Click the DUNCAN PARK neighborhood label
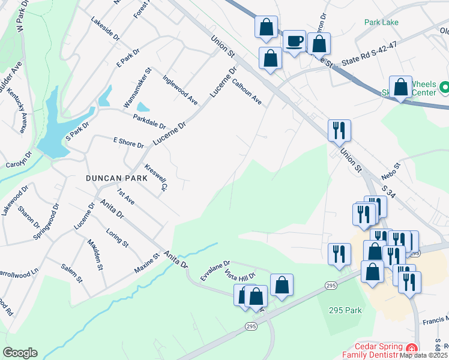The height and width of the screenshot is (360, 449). pyautogui.click(x=112, y=178)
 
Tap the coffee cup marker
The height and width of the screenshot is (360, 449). pyautogui.click(x=294, y=42)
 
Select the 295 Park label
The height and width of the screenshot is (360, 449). pyautogui.click(x=345, y=310)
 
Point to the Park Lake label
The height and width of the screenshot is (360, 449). pyautogui.click(x=381, y=22)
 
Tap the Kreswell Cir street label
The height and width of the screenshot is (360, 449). pyautogui.click(x=155, y=178)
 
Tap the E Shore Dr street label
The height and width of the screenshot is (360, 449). pyautogui.click(x=129, y=142)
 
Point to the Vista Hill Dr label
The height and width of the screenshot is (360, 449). pyautogui.click(x=240, y=276)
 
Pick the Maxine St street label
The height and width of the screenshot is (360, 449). pyautogui.click(x=146, y=264)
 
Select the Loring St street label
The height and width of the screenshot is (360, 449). pyautogui.click(x=117, y=238)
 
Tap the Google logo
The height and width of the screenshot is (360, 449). pyautogui.click(x=20, y=352)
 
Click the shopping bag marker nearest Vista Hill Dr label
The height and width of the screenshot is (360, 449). pyautogui.click(x=256, y=296)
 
